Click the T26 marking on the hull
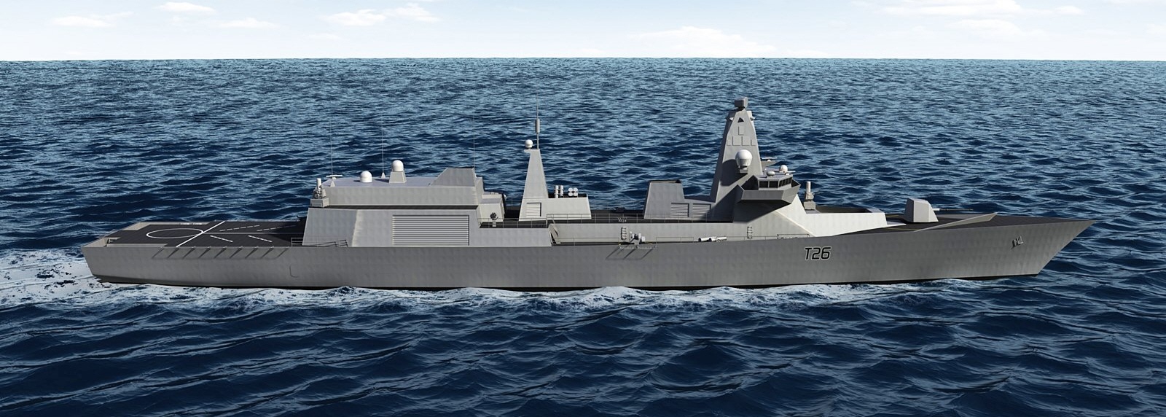pos(816,254)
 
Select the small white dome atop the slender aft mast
pos(529,144)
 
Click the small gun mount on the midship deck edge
pos(632,235)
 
